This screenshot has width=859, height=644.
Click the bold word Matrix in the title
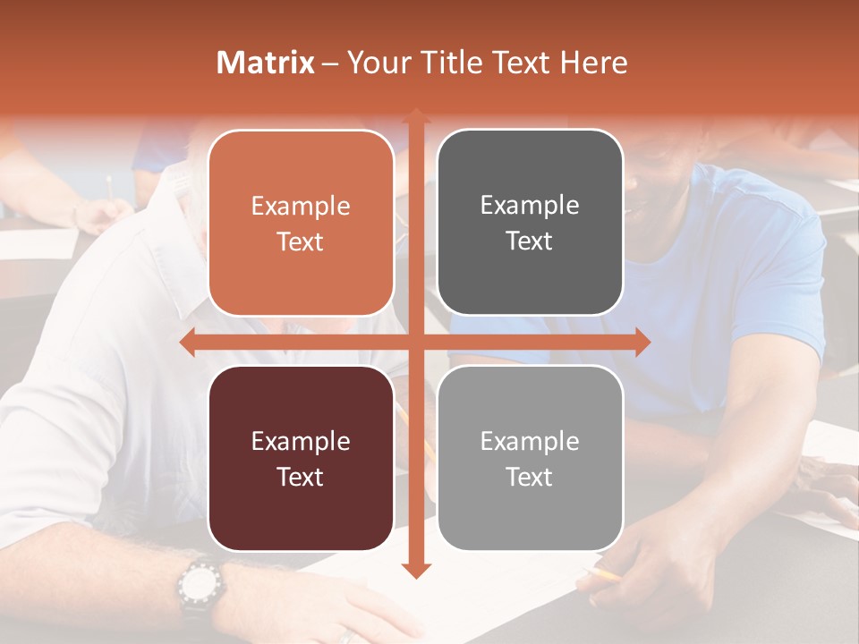tap(266, 63)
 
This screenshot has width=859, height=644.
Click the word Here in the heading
tap(594, 63)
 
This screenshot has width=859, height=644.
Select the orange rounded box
tap(301, 223)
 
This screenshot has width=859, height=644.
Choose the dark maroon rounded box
tap(301, 458)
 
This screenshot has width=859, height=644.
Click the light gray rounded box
tap(530, 458)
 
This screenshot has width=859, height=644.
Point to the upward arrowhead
tap(416, 116)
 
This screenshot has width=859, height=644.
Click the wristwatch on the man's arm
tap(198, 587)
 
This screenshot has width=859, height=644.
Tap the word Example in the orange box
tap(301, 207)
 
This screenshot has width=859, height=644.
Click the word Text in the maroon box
tap(301, 477)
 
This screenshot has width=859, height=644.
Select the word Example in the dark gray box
tap(530, 206)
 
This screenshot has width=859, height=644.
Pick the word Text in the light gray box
tap(530, 477)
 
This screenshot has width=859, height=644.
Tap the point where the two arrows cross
tap(416, 343)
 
